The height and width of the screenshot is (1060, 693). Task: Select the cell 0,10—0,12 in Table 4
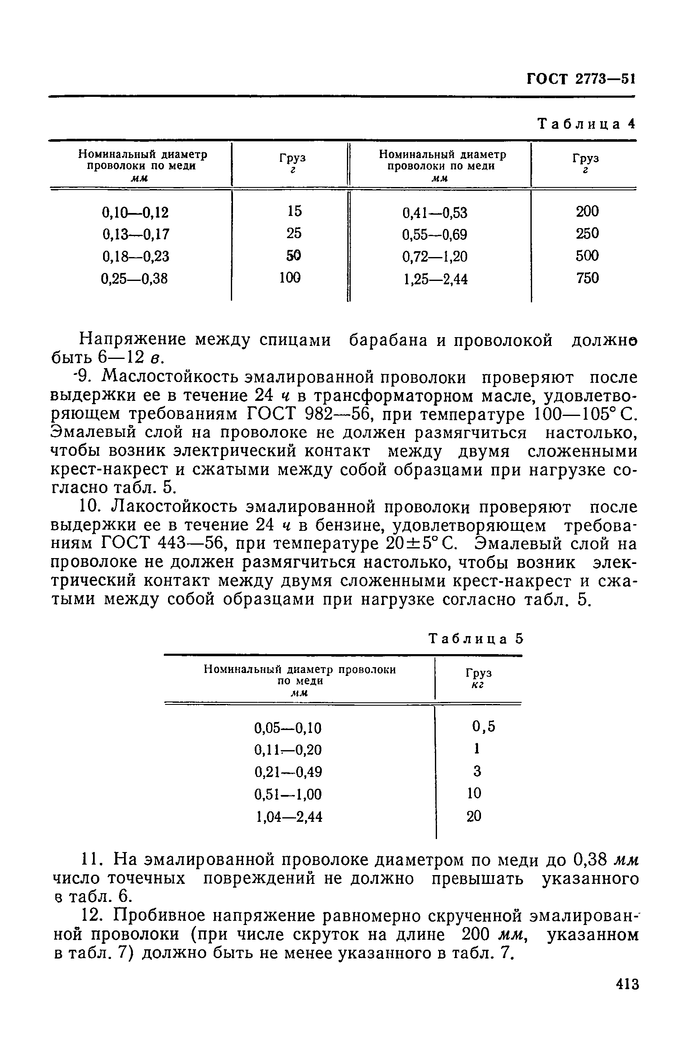click(135, 213)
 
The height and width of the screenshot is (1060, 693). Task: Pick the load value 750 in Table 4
click(587, 278)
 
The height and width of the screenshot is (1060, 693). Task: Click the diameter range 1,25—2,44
click(435, 279)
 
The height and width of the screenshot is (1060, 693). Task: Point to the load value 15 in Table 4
click(294, 210)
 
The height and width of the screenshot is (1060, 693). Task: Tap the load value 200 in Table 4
click(587, 211)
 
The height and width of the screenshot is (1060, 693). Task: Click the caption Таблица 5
click(476, 639)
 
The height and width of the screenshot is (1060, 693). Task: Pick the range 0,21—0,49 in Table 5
click(288, 772)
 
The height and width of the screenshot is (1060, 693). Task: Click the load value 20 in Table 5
click(474, 816)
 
